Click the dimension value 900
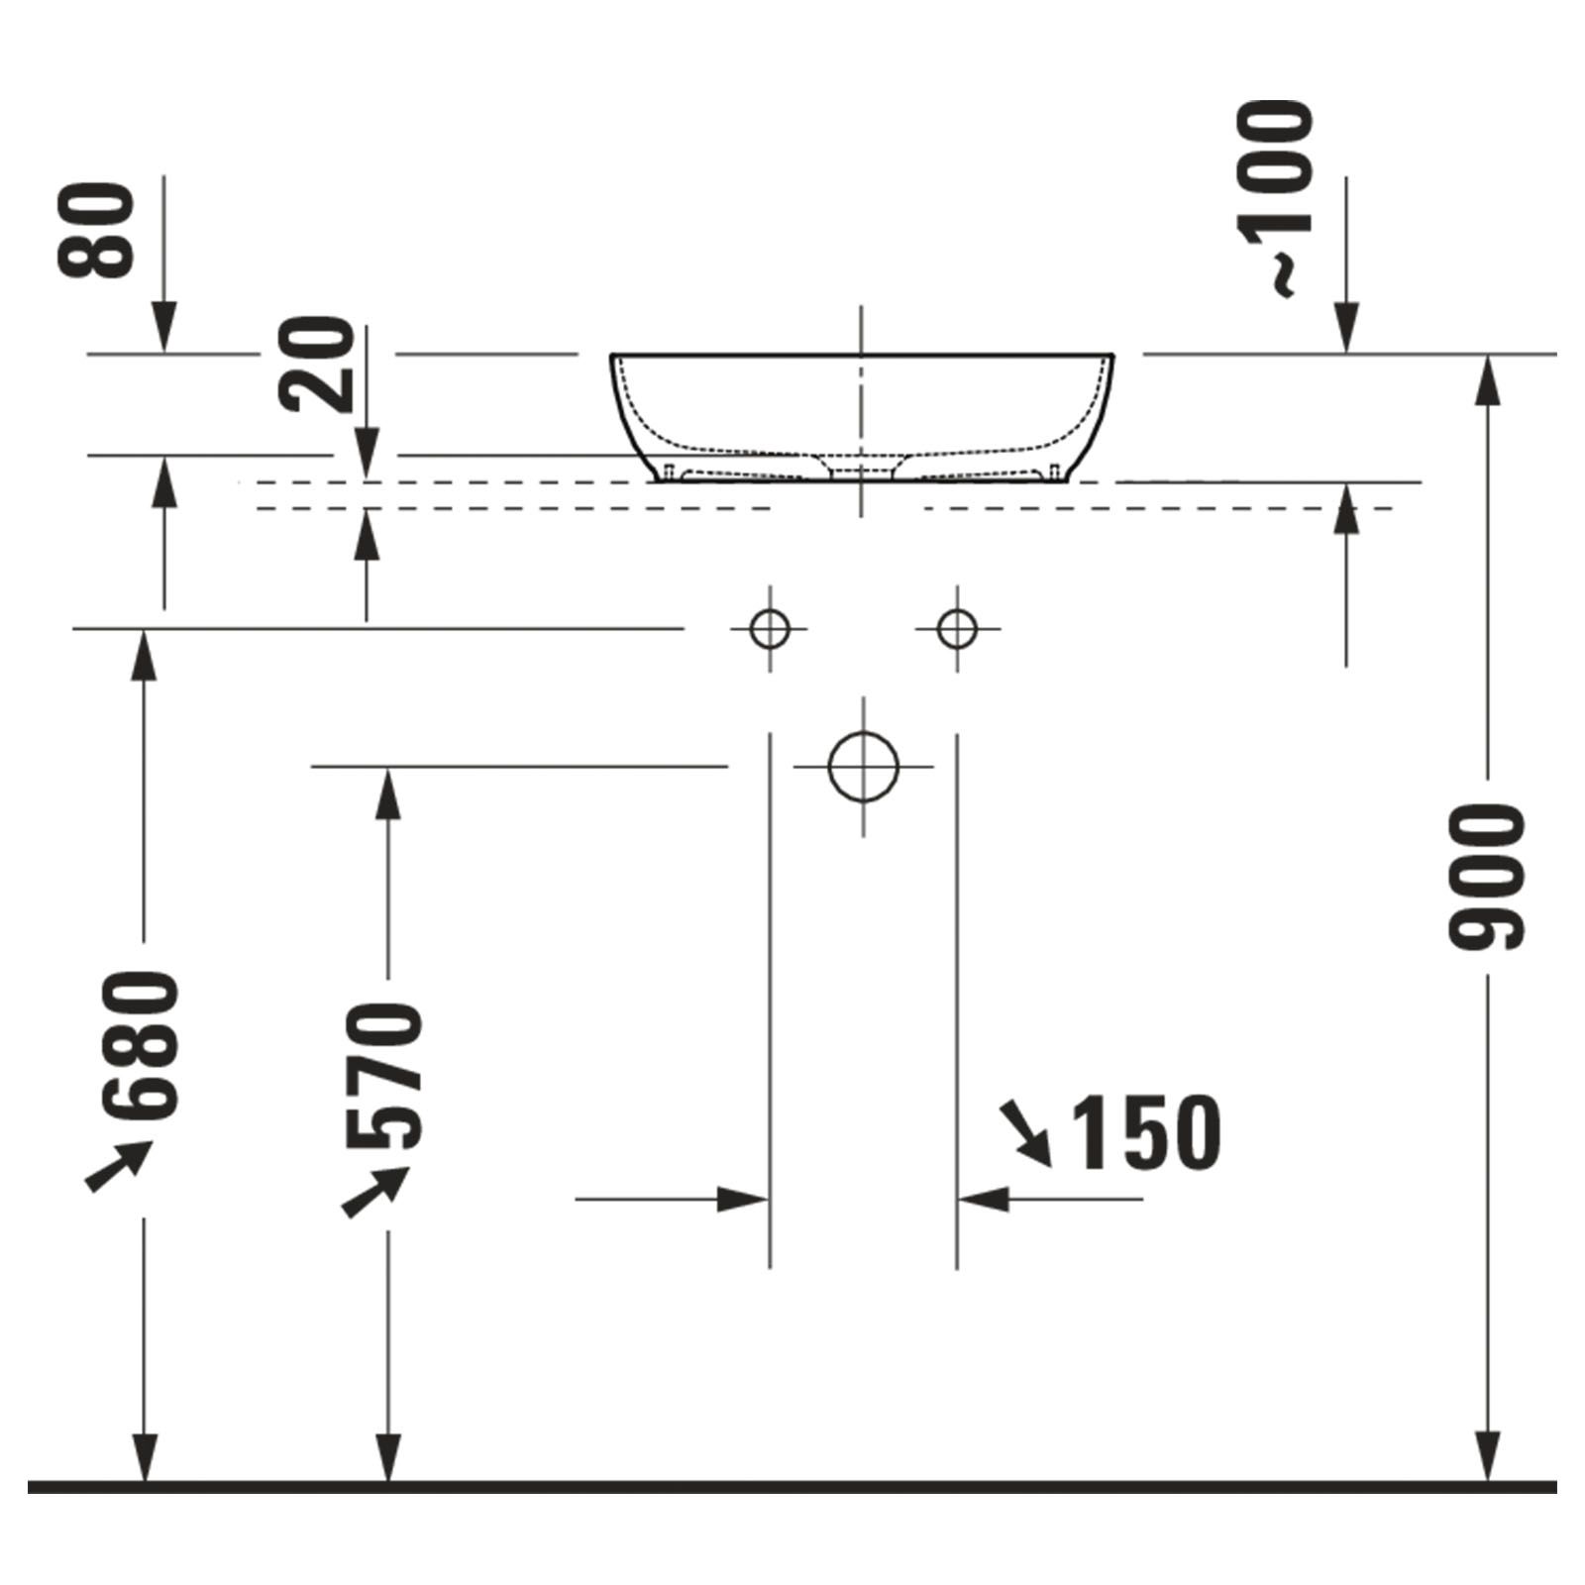tap(1487, 878)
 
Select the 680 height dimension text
tap(145, 1045)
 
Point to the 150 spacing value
tap(1147, 1133)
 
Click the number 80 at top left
tap(95, 230)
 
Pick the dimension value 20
tap(316, 363)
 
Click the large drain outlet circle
tap(863, 766)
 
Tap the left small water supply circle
tap(770, 628)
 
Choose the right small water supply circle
tap(957, 628)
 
